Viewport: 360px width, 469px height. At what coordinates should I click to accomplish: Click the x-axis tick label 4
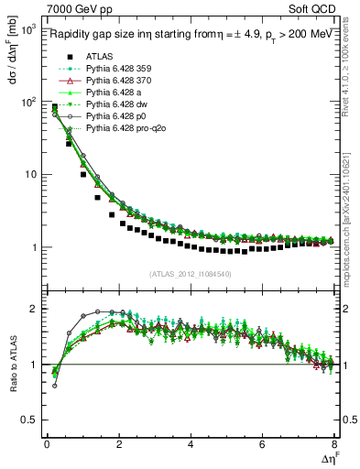coord(191,445)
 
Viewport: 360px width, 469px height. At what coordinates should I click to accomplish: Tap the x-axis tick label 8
coord(334,445)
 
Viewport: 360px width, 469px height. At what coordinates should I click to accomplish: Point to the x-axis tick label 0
coord(47,445)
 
